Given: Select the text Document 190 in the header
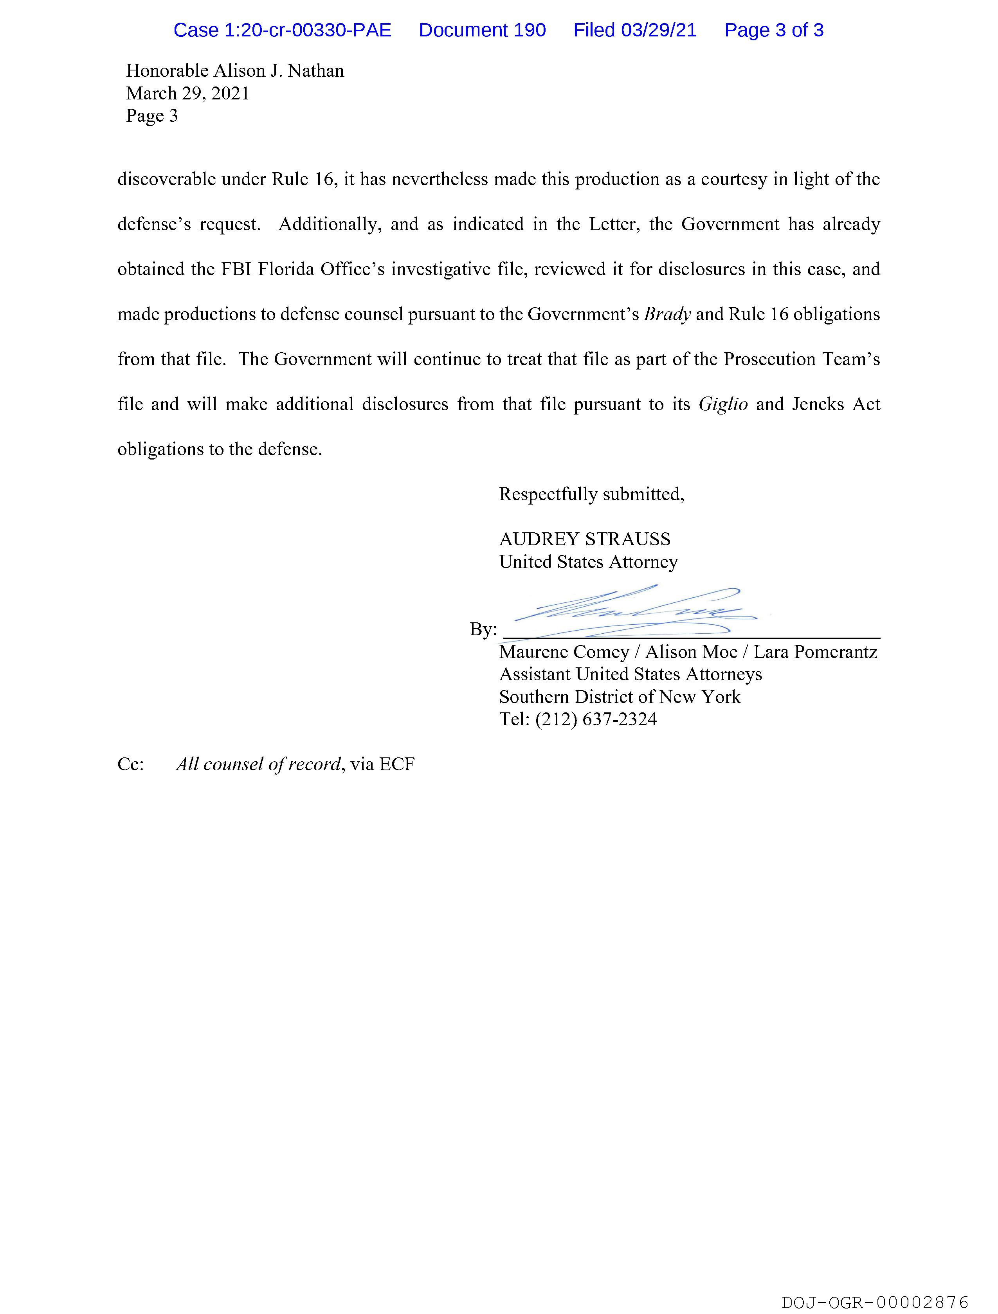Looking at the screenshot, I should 482,30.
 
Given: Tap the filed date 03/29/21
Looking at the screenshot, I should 659,30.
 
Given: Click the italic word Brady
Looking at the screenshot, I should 667,314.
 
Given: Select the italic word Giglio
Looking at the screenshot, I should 722,405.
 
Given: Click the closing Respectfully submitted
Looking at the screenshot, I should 591,494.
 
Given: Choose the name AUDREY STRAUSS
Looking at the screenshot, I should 585,539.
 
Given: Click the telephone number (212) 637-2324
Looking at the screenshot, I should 596,720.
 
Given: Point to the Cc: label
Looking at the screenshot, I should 131,764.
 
